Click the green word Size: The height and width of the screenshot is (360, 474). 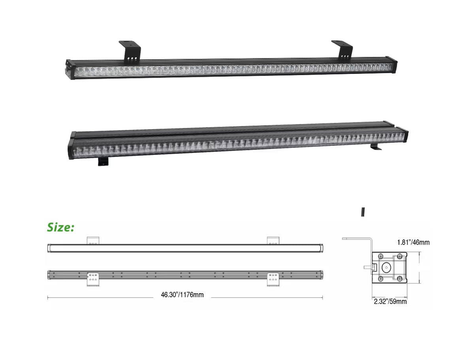point(61,227)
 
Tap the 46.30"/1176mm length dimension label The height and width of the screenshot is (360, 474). point(182,295)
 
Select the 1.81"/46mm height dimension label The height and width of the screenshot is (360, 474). point(413,242)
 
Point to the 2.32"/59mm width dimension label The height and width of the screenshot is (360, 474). point(390,302)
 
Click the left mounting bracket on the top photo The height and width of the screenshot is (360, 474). point(130,52)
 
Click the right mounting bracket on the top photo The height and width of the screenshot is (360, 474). point(342,51)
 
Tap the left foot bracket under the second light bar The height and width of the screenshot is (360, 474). point(103,162)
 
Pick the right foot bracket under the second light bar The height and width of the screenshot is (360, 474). point(376,147)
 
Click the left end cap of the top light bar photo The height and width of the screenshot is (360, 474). point(70,70)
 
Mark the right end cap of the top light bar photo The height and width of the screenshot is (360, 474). point(392,65)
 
